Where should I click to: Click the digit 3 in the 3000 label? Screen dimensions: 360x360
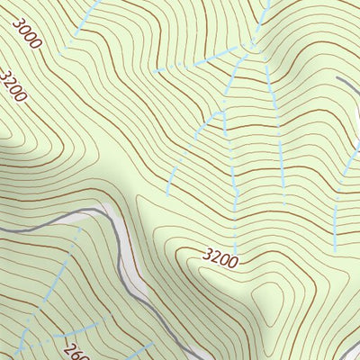(x=19, y=21)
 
